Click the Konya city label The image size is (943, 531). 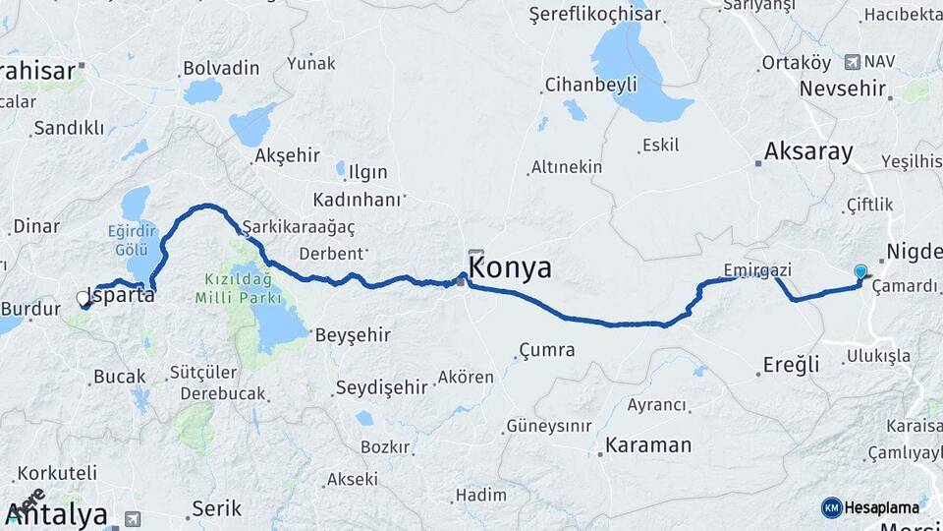coord(510,268)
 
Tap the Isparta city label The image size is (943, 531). coord(122,294)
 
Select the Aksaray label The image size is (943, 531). coord(808,151)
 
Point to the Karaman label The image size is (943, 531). coord(648,444)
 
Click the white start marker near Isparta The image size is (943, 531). coord(83,297)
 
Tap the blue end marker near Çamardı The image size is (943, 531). coord(860,271)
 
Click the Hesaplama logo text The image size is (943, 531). coord(882,507)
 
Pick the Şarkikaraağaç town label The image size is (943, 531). coord(299,225)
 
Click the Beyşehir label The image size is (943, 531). coord(353,334)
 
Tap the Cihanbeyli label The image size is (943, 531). coord(586,83)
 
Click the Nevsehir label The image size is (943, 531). coord(843,88)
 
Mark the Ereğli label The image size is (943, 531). coord(791,366)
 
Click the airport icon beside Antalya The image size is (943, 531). coord(132,518)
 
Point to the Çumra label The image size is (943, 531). coord(547,350)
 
